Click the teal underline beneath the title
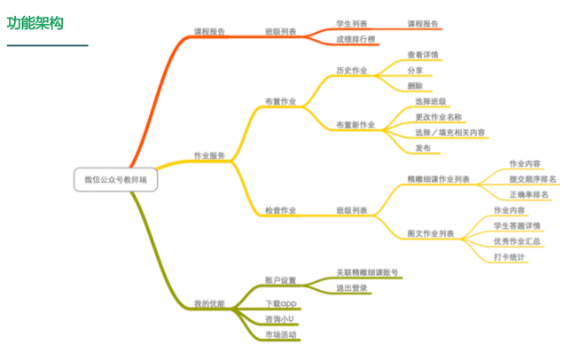[47, 44]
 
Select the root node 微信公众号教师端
[116, 179]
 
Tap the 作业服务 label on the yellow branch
[209, 155]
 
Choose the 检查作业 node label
[280, 210]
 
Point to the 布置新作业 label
[356, 124]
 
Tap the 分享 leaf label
[414, 70]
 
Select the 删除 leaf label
[414, 86]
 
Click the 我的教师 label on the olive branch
[209, 303]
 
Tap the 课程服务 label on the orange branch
[209, 31]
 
